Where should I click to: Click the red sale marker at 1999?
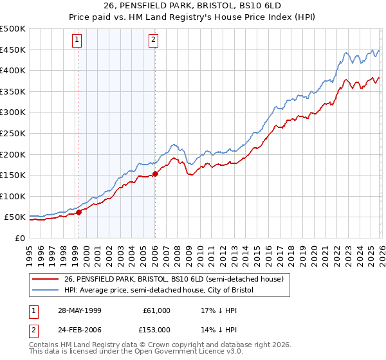point(79,212)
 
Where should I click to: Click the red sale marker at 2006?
point(155,174)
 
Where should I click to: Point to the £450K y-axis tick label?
point(13,50)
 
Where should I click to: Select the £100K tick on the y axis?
point(13,196)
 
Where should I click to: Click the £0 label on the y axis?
point(19,238)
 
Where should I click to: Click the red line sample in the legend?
point(46,278)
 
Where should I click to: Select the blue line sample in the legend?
point(46,290)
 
